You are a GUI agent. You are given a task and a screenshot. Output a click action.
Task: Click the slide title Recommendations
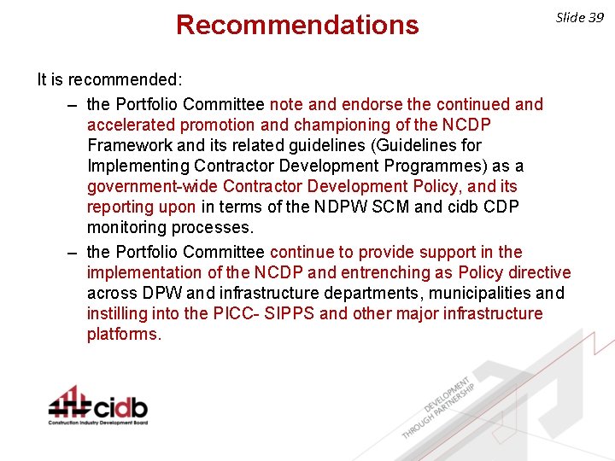(x=297, y=25)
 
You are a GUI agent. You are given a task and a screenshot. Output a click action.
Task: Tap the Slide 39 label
(x=580, y=17)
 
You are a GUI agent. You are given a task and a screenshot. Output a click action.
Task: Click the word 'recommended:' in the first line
(x=138, y=80)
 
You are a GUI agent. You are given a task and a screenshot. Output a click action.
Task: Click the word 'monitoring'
(x=127, y=227)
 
